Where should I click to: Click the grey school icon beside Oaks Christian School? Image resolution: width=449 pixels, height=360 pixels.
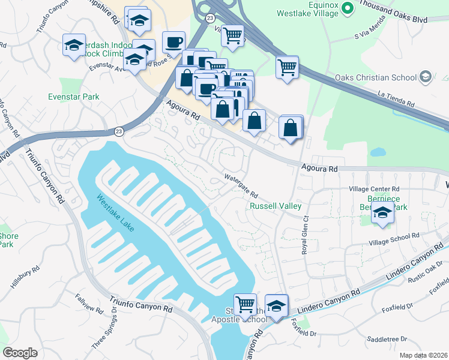pyautogui.click(x=425, y=77)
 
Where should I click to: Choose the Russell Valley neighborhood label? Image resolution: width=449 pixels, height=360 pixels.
pyautogui.click(x=275, y=206)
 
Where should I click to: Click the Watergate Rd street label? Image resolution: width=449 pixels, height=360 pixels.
pyautogui.click(x=241, y=187)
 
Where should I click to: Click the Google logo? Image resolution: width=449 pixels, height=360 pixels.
pyautogui.click(x=20, y=353)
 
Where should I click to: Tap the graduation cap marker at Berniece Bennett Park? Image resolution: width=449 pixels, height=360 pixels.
pyautogui.click(x=382, y=213)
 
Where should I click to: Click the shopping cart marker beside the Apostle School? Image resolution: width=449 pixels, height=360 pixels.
pyautogui.click(x=245, y=304)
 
